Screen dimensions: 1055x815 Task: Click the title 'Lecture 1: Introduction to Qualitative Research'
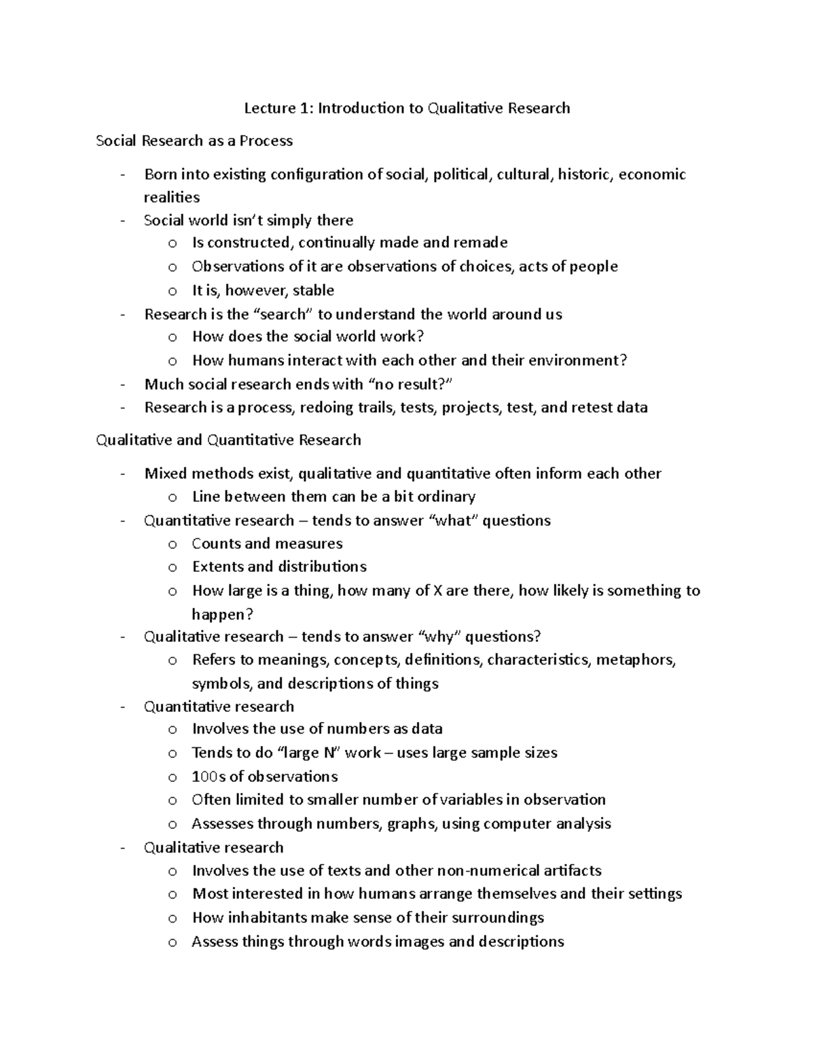pos(407,108)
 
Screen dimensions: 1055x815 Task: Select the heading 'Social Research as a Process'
pos(194,141)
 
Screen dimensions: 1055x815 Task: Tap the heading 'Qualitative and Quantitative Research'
pos(228,440)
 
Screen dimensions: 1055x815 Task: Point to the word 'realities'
pos(172,198)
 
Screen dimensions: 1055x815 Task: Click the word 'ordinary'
pos(446,497)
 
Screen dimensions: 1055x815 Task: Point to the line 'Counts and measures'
pos(267,543)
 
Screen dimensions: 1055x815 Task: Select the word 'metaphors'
pos(636,660)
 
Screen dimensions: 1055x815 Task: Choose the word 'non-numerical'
pos(484,871)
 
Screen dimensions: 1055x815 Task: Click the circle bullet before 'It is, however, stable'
pos(173,291)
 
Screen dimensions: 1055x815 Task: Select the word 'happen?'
pos(222,615)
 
